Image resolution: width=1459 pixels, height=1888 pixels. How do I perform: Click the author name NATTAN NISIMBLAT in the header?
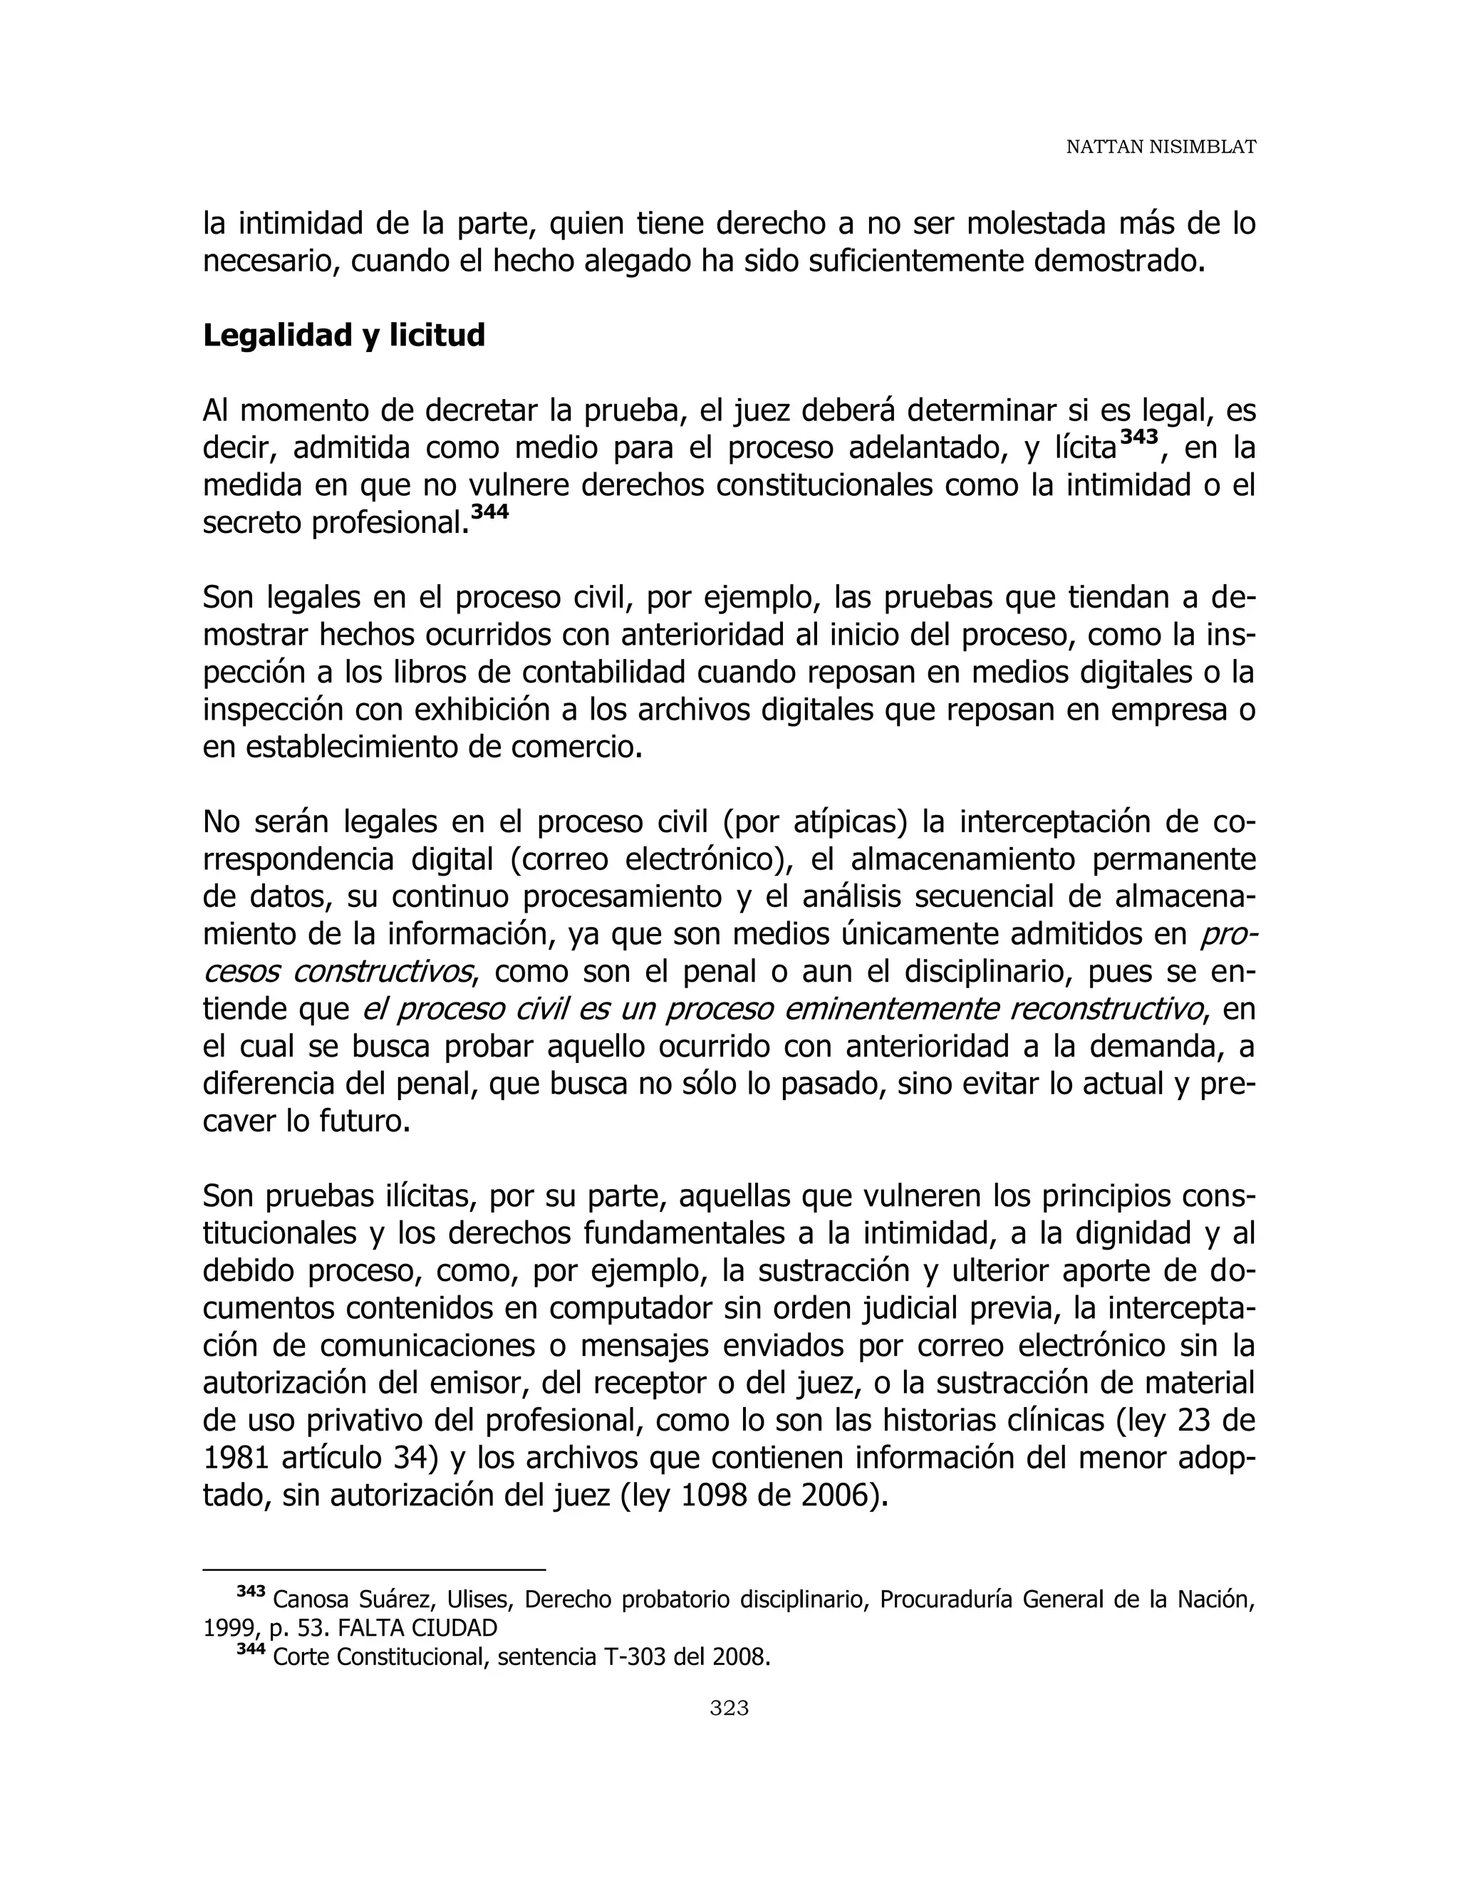click(1160, 147)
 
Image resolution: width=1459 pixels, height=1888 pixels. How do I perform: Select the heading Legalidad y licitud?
click(343, 336)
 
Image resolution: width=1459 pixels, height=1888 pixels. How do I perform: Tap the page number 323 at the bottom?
click(729, 1707)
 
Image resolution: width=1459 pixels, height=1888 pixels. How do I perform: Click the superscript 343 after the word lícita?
click(1138, 437)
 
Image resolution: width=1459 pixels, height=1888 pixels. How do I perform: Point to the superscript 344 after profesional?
click(490, 512)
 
